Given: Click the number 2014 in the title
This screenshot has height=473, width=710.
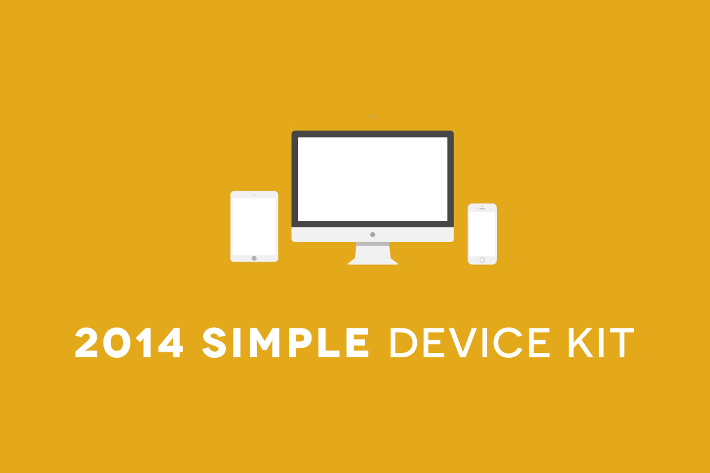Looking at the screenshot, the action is pos(129,342).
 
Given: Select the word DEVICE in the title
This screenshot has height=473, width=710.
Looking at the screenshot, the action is pos(470,342).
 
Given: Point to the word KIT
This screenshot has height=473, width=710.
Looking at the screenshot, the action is pos(601,342).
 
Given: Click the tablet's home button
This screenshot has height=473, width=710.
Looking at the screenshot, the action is pos(254,258).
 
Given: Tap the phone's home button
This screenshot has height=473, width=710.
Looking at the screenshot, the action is pos(482,260).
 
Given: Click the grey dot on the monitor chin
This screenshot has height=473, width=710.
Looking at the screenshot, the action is pos(373,235).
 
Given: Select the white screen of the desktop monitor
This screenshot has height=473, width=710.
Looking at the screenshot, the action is pos(373,179).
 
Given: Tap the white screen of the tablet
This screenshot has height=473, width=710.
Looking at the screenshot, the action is pos(254,226).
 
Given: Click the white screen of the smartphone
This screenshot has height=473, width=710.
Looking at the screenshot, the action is pos(482,234).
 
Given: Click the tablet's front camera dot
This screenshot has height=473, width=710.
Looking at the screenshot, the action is pos(254,195).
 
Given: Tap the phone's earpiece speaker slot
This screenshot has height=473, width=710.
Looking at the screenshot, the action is pos(482,209).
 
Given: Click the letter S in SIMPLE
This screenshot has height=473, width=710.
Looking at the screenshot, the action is pos(214,342).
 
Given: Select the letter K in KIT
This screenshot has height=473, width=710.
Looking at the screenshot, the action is pos(581,342).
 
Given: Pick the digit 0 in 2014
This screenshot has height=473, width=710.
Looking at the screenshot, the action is pos(117,342).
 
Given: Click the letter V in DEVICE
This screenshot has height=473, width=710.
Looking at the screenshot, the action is pos(463,342).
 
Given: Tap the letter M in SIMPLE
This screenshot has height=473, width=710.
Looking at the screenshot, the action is pos(264,342).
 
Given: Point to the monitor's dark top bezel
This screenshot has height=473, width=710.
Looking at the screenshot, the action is pos(373,134).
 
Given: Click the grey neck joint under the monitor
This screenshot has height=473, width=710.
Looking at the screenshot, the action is pos(373,244).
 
